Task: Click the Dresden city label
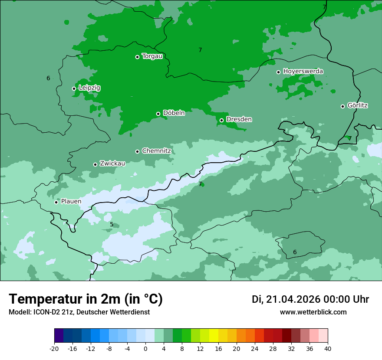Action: click(239, 119)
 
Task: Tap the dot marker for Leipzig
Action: click(74, 88)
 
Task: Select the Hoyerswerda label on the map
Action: click(303, 71)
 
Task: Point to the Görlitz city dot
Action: click(342, 106)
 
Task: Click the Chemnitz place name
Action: click(156, 151)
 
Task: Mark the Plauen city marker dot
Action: click(56, 202)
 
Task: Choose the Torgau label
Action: click(152, 56)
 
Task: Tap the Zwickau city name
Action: click(112, 164)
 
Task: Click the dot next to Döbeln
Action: click(158, 114)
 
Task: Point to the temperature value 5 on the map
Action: click(112, 224)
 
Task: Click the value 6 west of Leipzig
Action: click(48, 78)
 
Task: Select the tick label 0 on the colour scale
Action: click(145, 348)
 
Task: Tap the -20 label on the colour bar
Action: click(54, 348)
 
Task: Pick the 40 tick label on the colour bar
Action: click(327, 348)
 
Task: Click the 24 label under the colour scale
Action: click(255, 348)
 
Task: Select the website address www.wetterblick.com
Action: click(313, 312)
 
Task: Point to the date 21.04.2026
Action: click(292, 299)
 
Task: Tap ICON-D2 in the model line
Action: click(45, 312)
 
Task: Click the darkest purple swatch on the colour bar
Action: click(59, 336)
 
